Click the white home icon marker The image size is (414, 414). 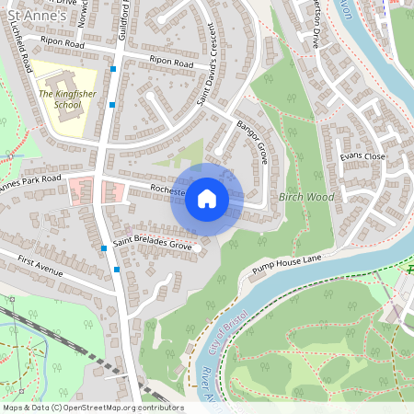pyautogui.click(x=207, y=198)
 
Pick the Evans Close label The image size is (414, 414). pyautogui.click(x=362, y=157)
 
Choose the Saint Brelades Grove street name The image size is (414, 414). pyautogui.click(x=153, y=247)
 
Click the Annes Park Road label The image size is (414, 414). pyautogui.click(x=29, y=181)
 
